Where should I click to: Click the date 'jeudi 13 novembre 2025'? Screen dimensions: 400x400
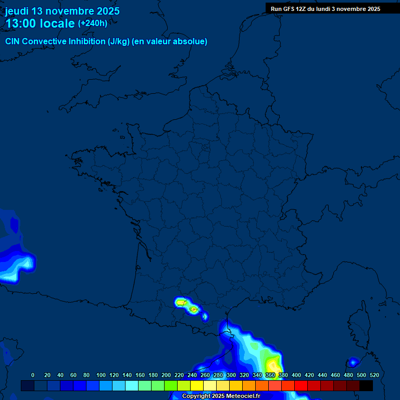63,11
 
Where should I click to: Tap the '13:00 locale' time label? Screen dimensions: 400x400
40,23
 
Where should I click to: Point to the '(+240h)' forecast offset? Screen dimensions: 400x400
93,23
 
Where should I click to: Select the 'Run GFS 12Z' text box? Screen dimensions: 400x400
326,9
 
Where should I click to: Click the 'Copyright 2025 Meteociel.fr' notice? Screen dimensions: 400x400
220,396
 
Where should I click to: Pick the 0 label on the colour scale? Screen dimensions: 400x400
33,375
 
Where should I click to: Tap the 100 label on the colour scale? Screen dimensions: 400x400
101,375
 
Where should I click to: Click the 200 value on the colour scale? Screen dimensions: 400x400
166,375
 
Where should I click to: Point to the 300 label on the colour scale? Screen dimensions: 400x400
231,375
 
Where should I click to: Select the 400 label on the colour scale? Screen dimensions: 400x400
296,375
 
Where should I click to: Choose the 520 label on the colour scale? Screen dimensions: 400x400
374,375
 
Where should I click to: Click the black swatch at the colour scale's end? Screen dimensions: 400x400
366,385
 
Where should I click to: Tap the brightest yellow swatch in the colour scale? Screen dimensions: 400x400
197,385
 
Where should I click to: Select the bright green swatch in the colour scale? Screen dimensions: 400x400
171,385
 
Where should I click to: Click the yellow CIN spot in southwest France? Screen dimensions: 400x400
181,302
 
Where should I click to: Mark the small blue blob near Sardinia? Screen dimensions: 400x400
353,362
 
